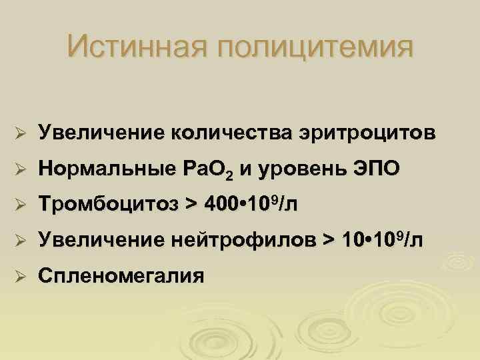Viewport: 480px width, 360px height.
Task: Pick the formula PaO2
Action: pyautogui.click(x=205, y=171)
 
